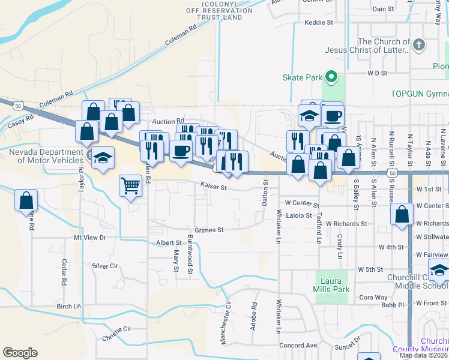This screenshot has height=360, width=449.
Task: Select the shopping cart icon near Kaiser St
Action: click(x=130, y=185)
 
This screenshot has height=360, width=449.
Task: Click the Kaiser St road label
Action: click(x=214, y=188)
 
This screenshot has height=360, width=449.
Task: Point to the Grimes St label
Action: click(x=209, y=230)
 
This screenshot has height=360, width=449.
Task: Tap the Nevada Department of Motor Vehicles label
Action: click(x=46, y=156)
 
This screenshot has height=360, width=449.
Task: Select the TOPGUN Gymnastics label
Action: click(x=419, y=94)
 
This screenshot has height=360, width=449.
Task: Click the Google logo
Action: click(x=20, y=353)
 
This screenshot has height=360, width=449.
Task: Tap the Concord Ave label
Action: click(x=298, y=346)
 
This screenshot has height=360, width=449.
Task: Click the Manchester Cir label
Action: click(x=226, y=323)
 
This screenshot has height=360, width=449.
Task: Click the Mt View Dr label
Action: click(x=89, y=238)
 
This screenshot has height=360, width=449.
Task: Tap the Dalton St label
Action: click(x=265, y=197)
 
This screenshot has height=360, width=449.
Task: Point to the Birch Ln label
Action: click(x=68, y=306)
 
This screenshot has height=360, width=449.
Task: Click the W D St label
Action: click(x=377, y=73)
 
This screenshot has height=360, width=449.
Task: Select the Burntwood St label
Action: click(x=190, y=255)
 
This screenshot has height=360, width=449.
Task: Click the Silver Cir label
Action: click(x=106, y=265)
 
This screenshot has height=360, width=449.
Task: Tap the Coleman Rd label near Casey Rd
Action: click(x=56, y=99)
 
